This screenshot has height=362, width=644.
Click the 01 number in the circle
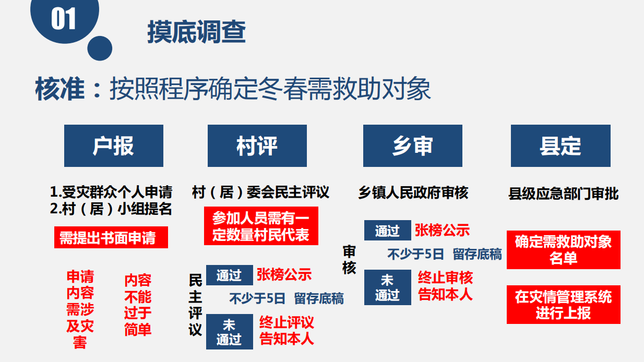[63, 18]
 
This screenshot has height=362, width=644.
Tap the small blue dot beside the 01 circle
[100, 49]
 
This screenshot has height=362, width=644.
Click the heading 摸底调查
[197, 32]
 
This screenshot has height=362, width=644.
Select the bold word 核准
[60, 89]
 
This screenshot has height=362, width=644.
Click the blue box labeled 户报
[114, 146]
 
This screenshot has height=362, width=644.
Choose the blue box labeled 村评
[257, 146]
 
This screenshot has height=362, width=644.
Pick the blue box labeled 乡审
[413, 146]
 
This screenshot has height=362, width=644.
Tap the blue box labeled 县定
[560, 146]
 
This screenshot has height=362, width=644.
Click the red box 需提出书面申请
[111, 237]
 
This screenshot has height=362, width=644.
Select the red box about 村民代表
[261, 226]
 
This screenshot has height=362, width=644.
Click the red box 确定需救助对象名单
[564, 250]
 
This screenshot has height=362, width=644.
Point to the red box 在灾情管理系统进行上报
[564, 305]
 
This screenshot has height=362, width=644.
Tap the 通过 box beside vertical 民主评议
[230, 275]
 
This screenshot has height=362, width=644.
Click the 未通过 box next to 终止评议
[230, 332]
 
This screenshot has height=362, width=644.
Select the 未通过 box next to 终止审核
[388, 287]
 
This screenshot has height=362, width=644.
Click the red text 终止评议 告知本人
[287, 330]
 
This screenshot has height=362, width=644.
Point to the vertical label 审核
[349, 260]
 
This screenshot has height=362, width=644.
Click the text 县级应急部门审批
[564, 194]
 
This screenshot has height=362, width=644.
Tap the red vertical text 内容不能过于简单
[138, 305]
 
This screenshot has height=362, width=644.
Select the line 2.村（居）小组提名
[111, 209]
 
